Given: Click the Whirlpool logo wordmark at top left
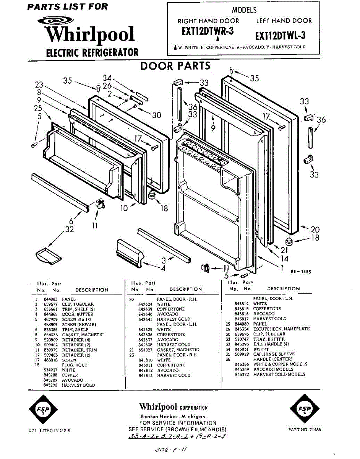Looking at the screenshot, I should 90,34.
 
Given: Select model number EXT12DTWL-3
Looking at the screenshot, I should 280,36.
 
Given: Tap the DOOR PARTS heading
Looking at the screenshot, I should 175,66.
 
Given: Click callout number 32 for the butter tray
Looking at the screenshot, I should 69,229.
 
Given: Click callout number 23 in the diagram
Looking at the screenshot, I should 39,85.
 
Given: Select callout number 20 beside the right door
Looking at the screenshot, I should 315,229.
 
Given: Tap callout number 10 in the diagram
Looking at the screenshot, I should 124,208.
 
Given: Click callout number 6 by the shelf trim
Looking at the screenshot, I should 71,221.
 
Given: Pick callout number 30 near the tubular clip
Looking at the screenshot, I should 156,115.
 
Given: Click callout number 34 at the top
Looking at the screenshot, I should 107,78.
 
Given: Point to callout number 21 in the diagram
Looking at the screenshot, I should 284,250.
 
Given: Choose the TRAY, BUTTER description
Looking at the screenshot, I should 269,339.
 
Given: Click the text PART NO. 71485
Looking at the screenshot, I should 305,430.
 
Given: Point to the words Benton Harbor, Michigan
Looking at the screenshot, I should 174,416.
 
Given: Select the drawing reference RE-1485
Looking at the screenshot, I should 301,272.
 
